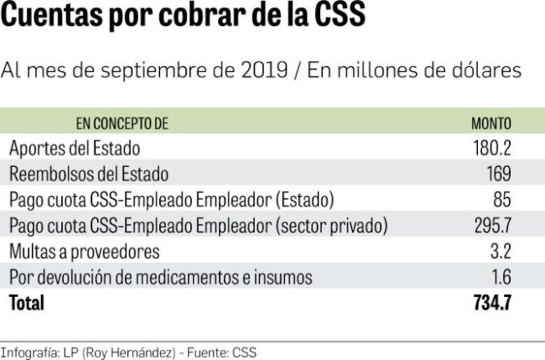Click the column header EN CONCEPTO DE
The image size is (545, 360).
[x=122, y=124]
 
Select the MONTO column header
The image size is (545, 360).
[x=490, y=124]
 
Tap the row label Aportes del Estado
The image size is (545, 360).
[x=75, y=149]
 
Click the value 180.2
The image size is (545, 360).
[x=492, y=149]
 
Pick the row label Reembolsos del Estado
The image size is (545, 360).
[x=89, y=173]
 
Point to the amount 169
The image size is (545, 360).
[x=499, y=173]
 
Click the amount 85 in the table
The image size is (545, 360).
[x=502, y=200]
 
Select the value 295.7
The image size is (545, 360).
[x=492, y=226]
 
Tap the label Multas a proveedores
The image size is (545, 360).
[x=85, y=251]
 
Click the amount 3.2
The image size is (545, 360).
[x=500, y=251]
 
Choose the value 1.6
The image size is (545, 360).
[x=501, y=277]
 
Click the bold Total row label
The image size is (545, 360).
[x=27, y=303]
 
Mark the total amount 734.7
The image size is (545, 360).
[x=491, y=303]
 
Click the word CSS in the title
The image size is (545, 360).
[x=337, y=15]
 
